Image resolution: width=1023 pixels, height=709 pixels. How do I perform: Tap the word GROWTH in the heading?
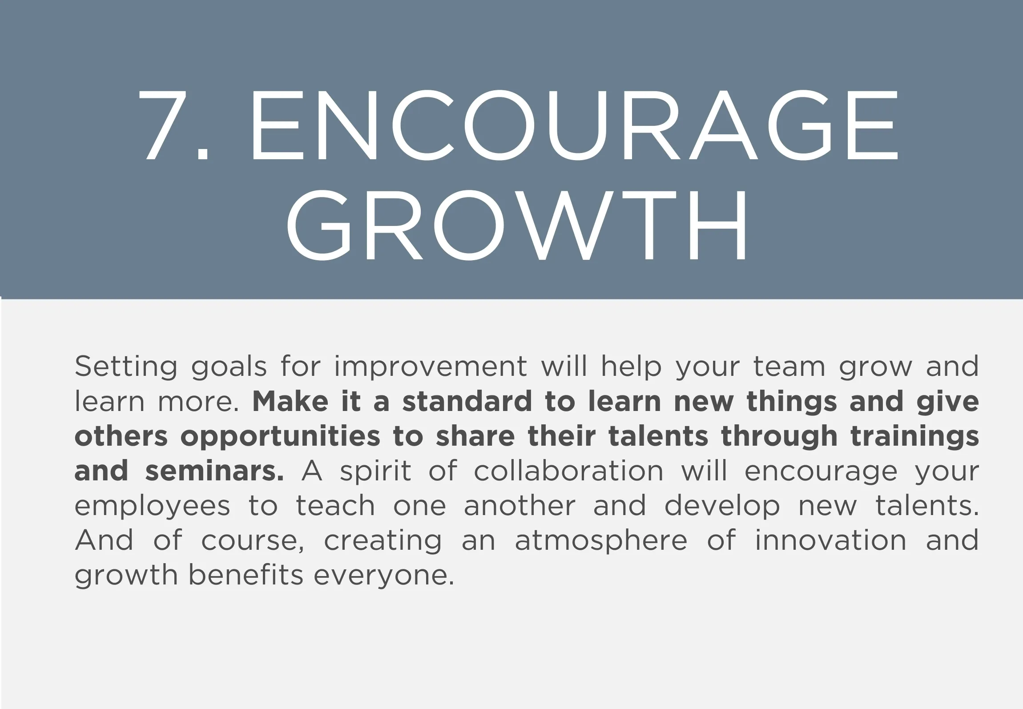click(x=517, y=225)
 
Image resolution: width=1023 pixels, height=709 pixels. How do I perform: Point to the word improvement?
click(x=431, y=367)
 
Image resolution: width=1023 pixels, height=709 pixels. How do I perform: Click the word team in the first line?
click(x=789, y=367)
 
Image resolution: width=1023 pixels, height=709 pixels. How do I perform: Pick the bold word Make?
click(x=290, y=401)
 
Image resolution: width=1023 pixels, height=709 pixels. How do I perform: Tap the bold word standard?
click(x=467, y=401)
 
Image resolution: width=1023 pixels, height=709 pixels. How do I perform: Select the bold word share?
click(x=475, y=436)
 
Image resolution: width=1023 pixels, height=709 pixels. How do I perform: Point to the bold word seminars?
click(x=215, y=471)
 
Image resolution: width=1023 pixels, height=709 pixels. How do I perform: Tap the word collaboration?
click(x=568, y=471)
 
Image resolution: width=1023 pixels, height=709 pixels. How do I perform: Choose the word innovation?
click(x=830, y=540)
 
